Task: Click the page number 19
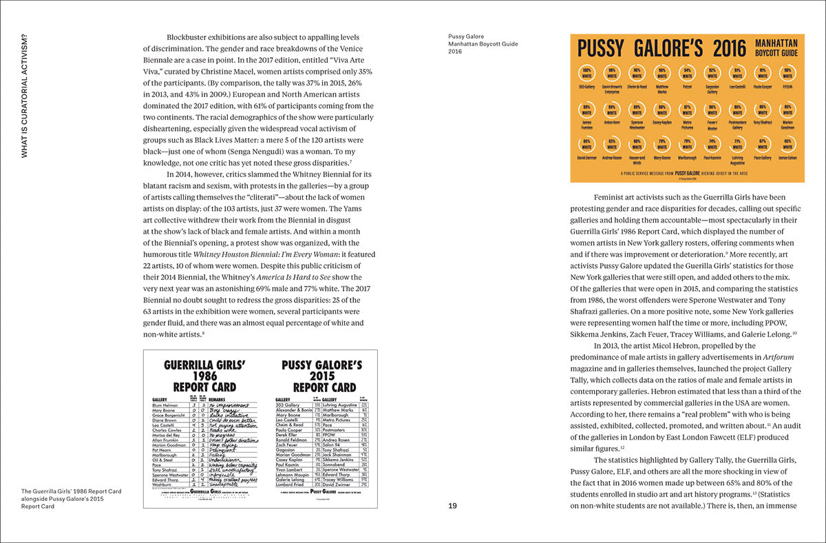[452, 506]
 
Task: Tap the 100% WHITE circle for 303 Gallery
[586, 74]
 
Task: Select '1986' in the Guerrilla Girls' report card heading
[205, 376]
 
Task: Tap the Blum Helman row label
[165, 405]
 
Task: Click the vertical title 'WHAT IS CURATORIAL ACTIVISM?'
[25, 96]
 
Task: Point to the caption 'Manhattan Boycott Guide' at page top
[483, 43]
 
